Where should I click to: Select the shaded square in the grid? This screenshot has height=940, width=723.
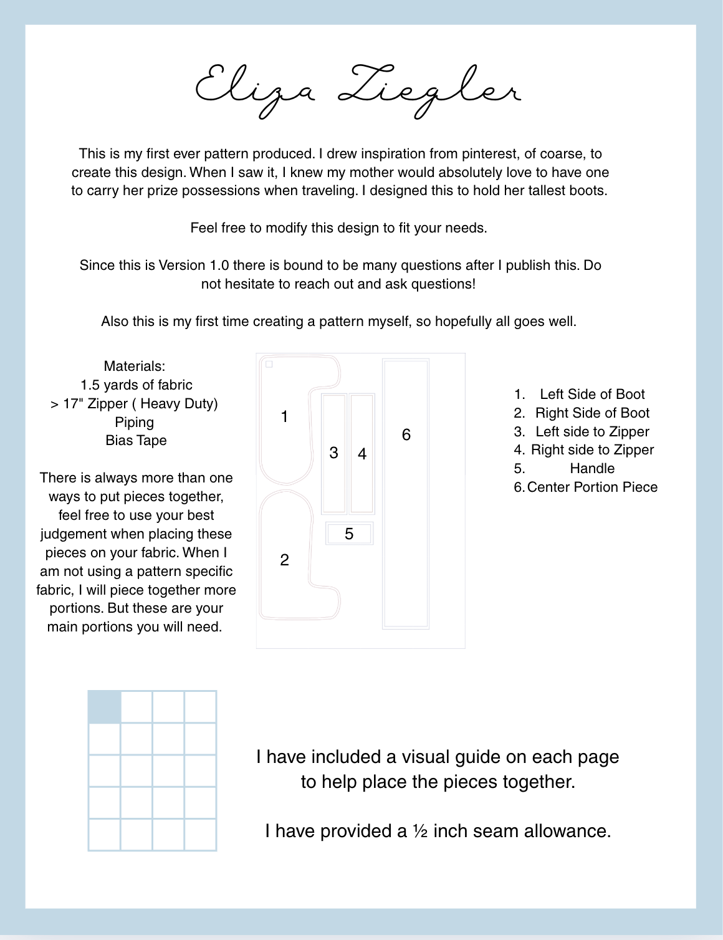tap(104, 707)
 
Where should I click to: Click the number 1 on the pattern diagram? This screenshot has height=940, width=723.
tap(284, 416)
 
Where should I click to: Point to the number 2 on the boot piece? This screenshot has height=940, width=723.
tap(284, 560)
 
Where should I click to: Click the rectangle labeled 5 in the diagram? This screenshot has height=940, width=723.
tap(349, 534)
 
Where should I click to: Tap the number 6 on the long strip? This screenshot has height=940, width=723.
tap(406, 434)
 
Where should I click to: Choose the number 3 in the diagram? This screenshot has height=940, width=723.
tap(333, 453)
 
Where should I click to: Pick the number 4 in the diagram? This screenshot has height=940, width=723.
tap(362, 454)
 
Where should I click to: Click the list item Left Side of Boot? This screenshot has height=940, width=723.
tap(591, 394)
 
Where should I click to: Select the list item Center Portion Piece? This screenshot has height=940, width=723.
tap(591, 487)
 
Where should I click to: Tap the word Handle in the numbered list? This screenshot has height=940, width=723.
tap(591, 469)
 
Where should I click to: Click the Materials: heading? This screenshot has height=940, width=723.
tap(135, 367)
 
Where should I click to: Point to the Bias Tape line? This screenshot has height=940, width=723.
tap(136, 441)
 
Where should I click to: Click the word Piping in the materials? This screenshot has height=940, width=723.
tap(134, 423)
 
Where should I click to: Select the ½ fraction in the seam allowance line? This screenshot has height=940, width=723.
tap(419, 832)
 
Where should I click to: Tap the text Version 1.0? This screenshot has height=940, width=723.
tap(193, 266)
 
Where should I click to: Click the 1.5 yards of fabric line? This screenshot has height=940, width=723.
tap(136, 385)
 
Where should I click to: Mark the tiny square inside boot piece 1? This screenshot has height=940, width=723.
tap(269, 364)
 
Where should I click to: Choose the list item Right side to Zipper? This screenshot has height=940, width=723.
tap(591, 450)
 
